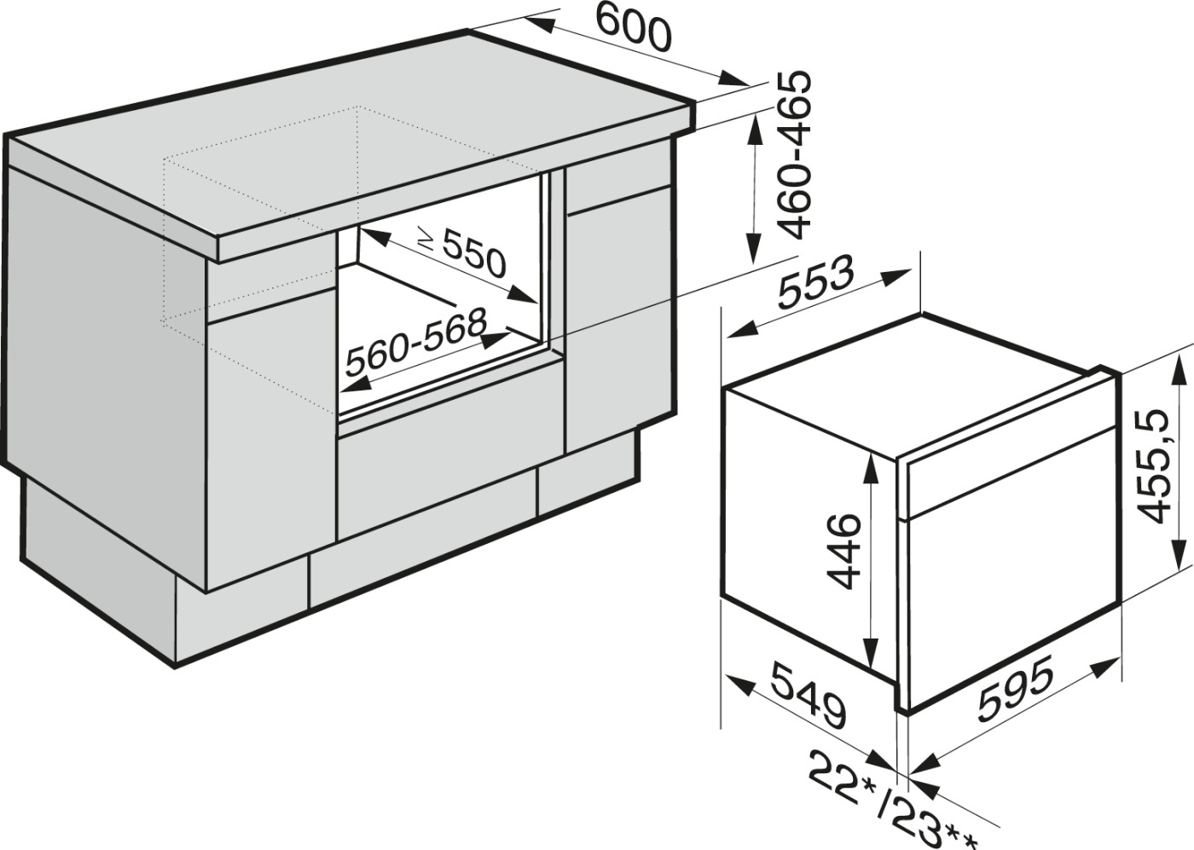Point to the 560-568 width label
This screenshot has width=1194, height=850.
pos(417,342)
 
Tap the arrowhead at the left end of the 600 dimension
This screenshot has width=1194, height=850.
pos(539,22)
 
